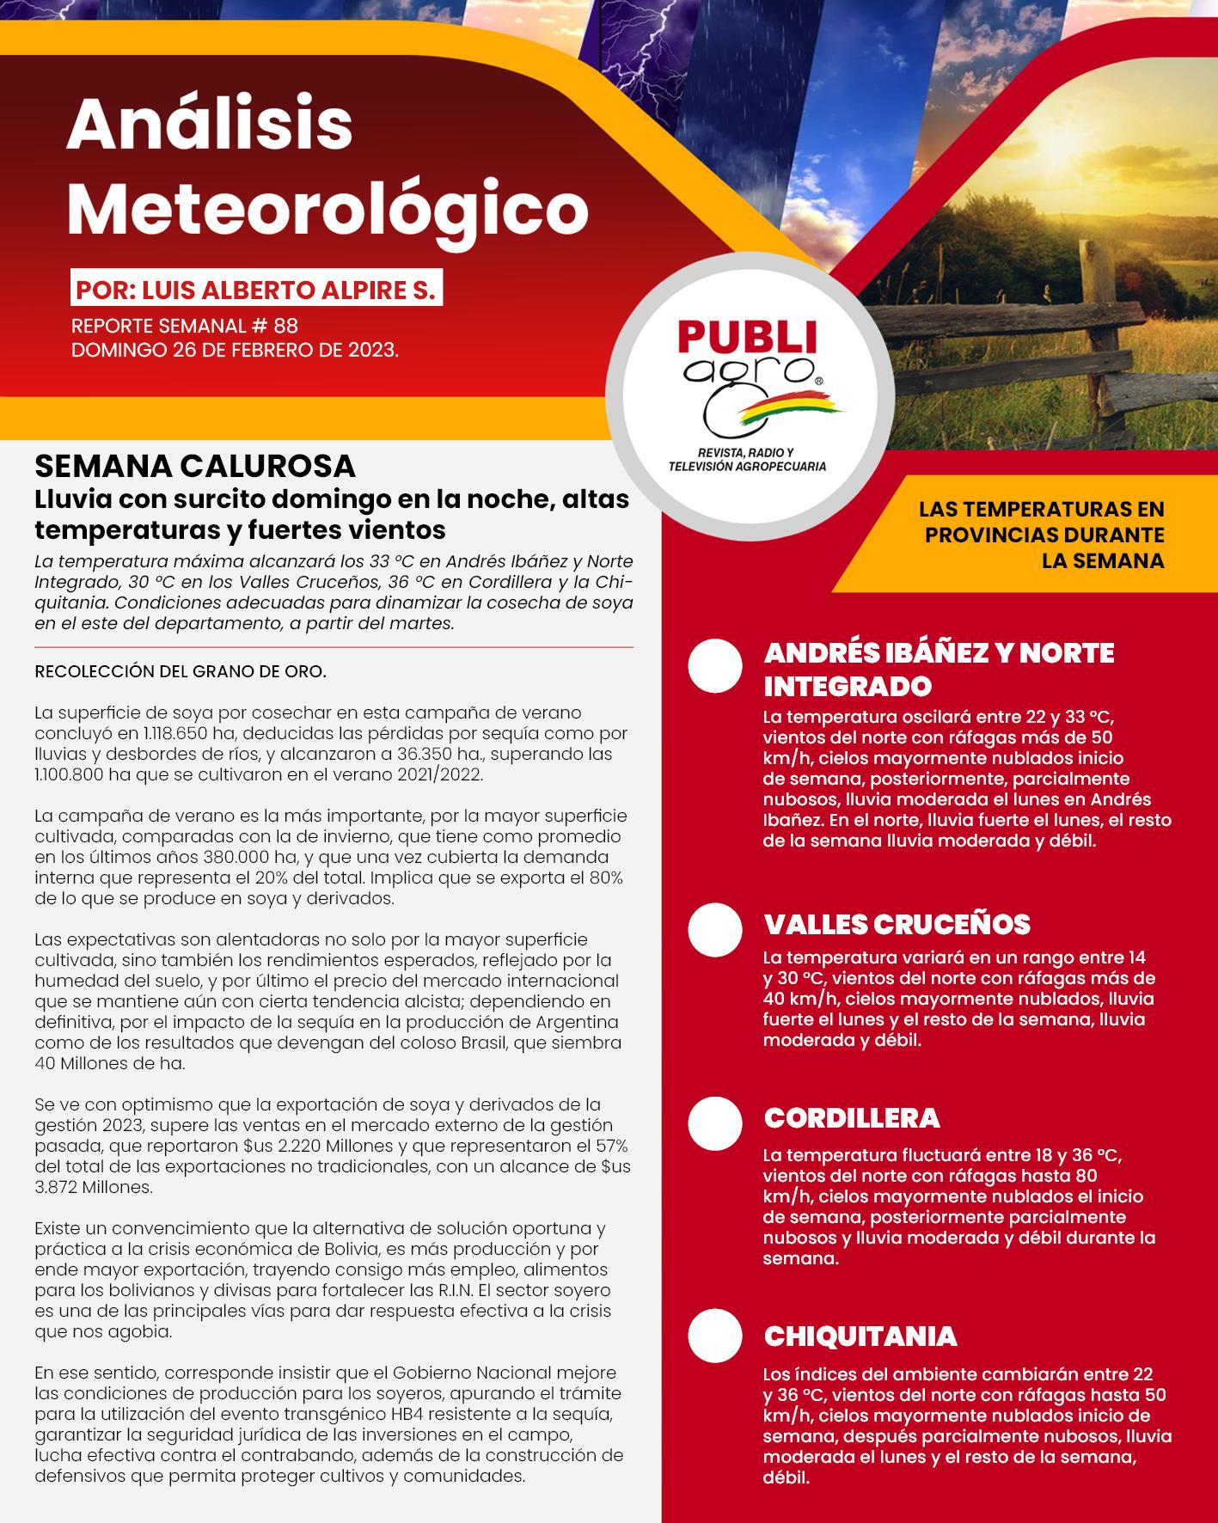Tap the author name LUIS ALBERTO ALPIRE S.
289,291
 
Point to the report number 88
285,327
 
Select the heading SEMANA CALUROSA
195,467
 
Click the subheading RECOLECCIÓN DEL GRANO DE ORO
181,671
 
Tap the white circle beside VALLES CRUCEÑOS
715,929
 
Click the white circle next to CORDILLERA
715,1123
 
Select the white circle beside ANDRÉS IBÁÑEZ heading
715,666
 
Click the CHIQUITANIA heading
860,1336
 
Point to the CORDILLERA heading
852,1118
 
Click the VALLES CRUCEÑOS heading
897,925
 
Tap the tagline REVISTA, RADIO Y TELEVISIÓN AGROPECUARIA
747,460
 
